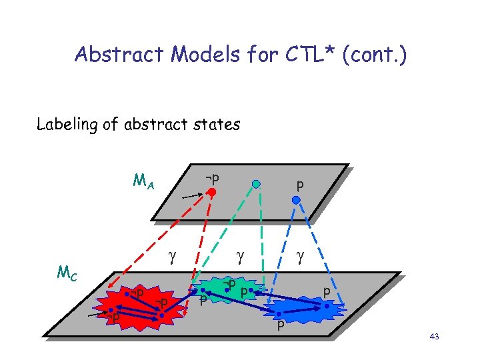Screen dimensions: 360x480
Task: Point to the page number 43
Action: (x=434, y=338)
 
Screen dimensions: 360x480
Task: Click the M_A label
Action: (x=143, y=181)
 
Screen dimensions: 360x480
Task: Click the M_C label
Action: (x=67, y=273)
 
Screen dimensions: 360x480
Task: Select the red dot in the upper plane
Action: (x=211, y=193)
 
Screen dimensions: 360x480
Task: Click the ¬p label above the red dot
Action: (x=213, y=178)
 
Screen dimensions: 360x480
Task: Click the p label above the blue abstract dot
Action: (x=300, y=183)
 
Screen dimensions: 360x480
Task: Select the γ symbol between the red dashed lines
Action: (x=171, y=255)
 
